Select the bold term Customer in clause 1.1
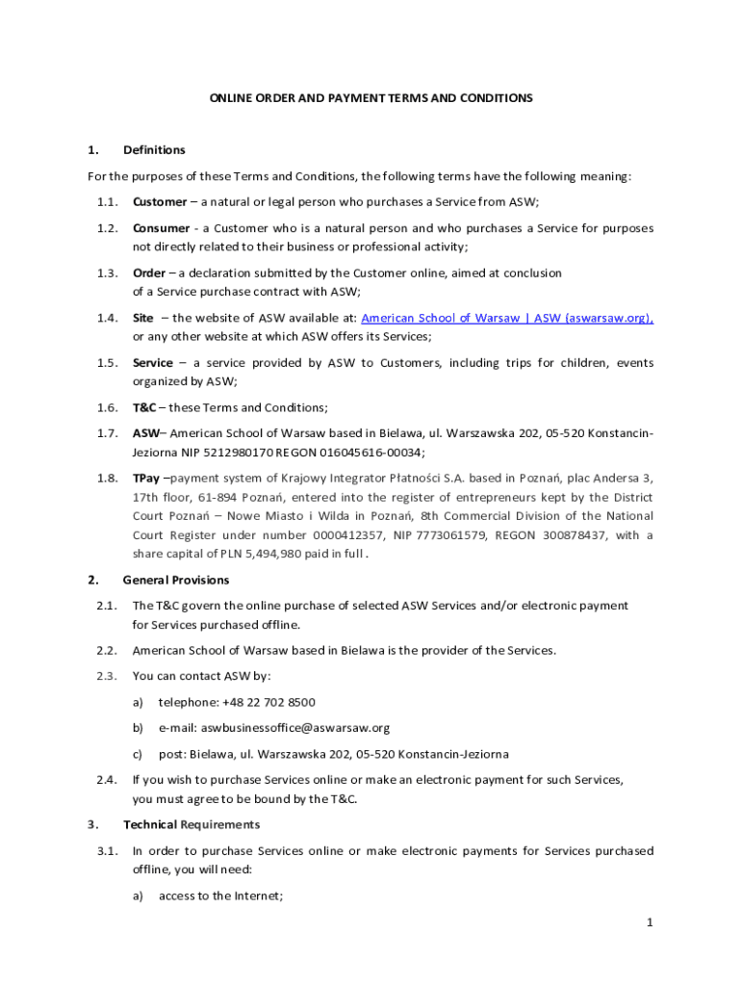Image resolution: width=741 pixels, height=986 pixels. click(x=160, y=202)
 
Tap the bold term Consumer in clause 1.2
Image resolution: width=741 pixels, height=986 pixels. click(x=161, y=228)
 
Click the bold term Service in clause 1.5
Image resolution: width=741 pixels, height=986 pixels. click(x=153, y=363)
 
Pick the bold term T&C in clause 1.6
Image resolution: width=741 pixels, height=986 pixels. click(x=144, y=407)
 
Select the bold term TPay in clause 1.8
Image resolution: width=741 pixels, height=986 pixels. click(x=147, y=479)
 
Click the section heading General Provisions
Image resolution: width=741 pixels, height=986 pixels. click(x=176, y=580)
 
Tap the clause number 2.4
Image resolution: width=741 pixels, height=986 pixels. click(x=107, y=780)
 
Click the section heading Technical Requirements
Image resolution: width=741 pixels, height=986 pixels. click(x=192, y=824)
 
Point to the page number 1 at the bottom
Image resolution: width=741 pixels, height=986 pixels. click(x=650, y=922)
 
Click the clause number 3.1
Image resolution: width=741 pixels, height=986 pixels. click(x=107, y=851)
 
